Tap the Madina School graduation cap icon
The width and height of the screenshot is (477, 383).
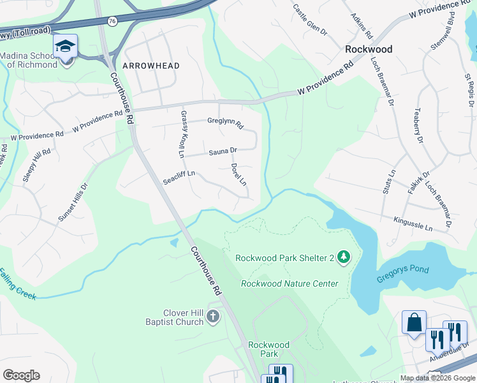point(65,46)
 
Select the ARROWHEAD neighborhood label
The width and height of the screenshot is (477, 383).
point(147,66)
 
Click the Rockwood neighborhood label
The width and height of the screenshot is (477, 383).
point(369,49)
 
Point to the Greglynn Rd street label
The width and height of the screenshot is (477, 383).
point(225,122)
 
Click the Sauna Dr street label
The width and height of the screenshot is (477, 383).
point(223,151)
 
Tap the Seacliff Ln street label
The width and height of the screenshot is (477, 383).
point(179,177)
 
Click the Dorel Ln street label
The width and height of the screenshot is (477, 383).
point(238,174)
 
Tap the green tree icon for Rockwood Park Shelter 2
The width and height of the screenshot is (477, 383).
point(344,257)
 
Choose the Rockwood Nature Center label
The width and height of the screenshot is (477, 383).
point(290,283)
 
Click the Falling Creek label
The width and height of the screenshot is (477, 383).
point(17,285)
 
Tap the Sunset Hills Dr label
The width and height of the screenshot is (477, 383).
point(72,202)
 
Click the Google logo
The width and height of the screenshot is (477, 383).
point(21,375)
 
